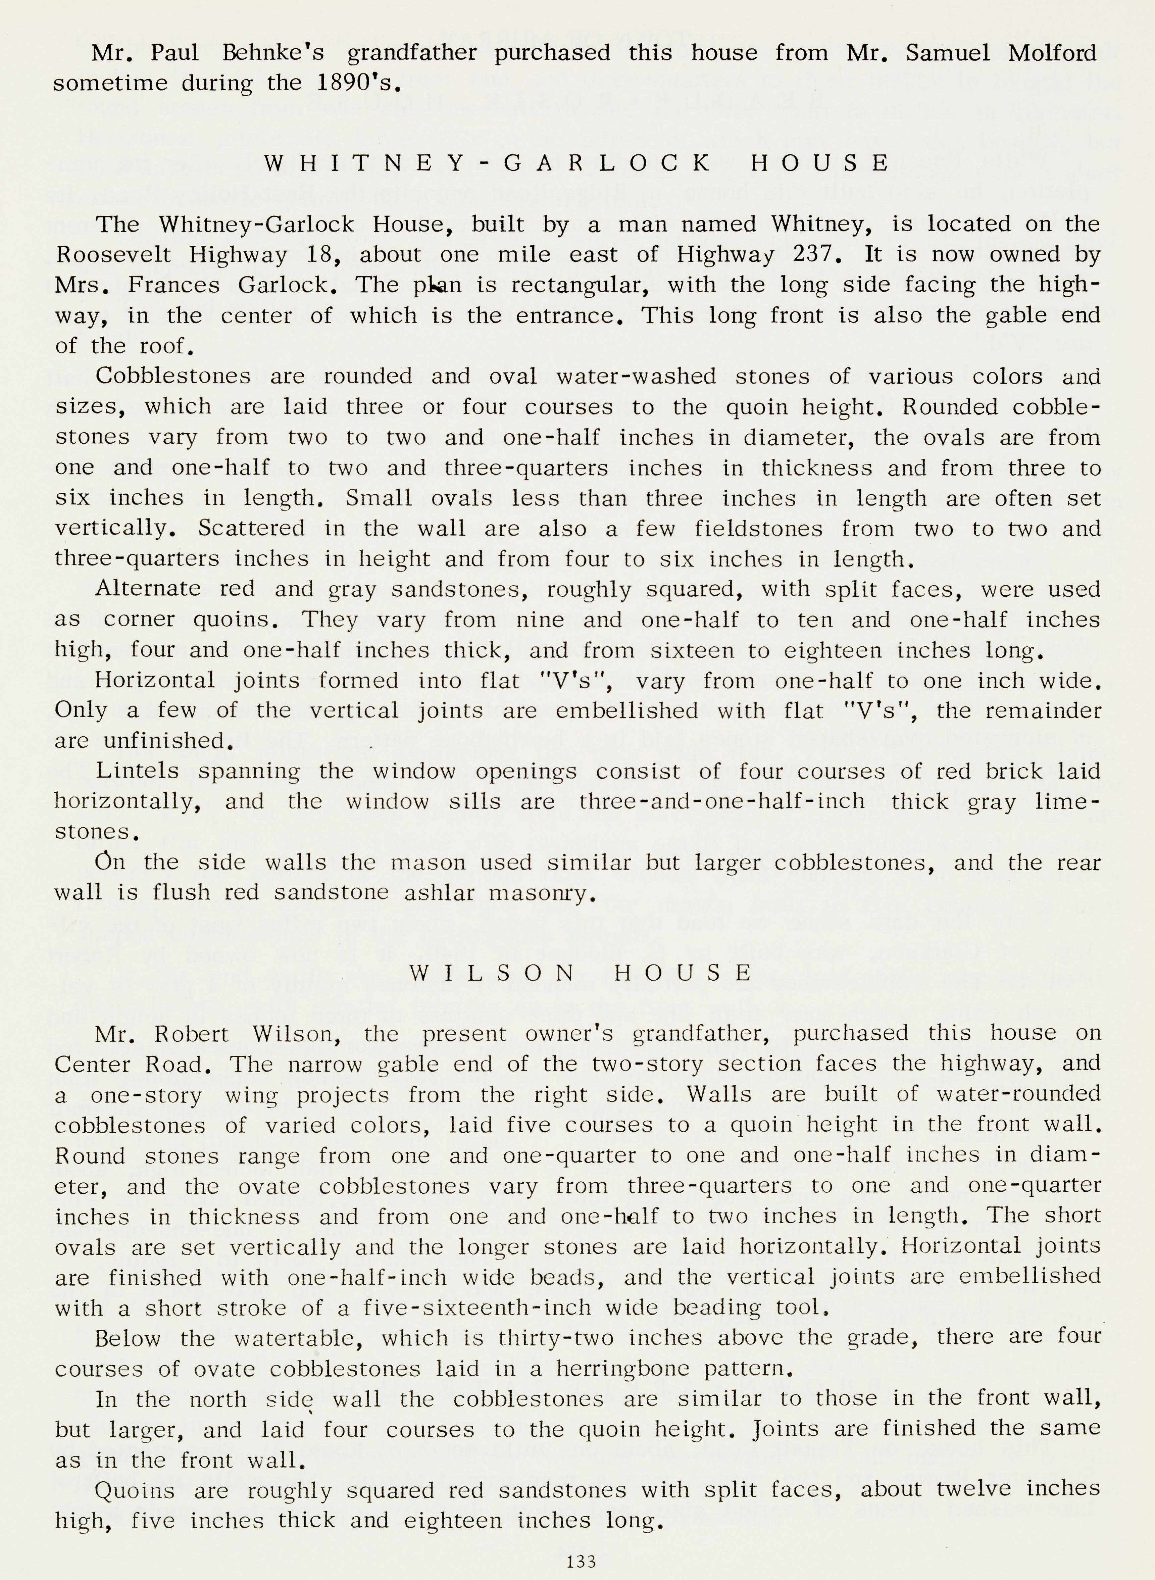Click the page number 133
click(x=581, y=1561)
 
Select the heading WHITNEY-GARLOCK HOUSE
click(x=577, y=163)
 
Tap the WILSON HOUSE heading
click(x=581, y=973)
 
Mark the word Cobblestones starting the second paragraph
click(x=173, y=376)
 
